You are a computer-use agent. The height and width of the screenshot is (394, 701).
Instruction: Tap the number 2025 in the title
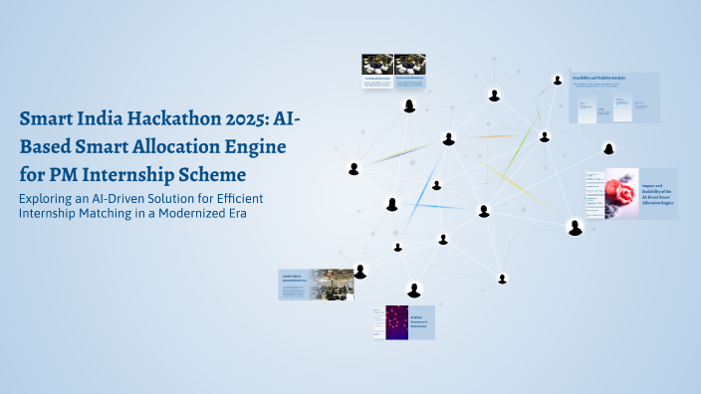(252, 120)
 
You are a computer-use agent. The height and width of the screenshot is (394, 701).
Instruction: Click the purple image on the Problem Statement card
(397, 320)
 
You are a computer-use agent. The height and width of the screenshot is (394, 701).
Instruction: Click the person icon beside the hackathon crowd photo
(360, 271)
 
